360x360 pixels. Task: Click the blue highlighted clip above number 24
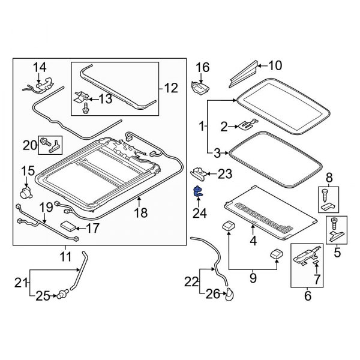point(197,192)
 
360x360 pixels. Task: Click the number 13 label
point(104,99)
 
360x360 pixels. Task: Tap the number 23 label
point(224,174)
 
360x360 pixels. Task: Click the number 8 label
point(328,177)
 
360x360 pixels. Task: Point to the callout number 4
point(253,241)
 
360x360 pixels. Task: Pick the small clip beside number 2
point(246,125)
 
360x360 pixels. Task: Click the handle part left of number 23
point(199,173)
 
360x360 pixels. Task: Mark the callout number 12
point(171,89)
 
